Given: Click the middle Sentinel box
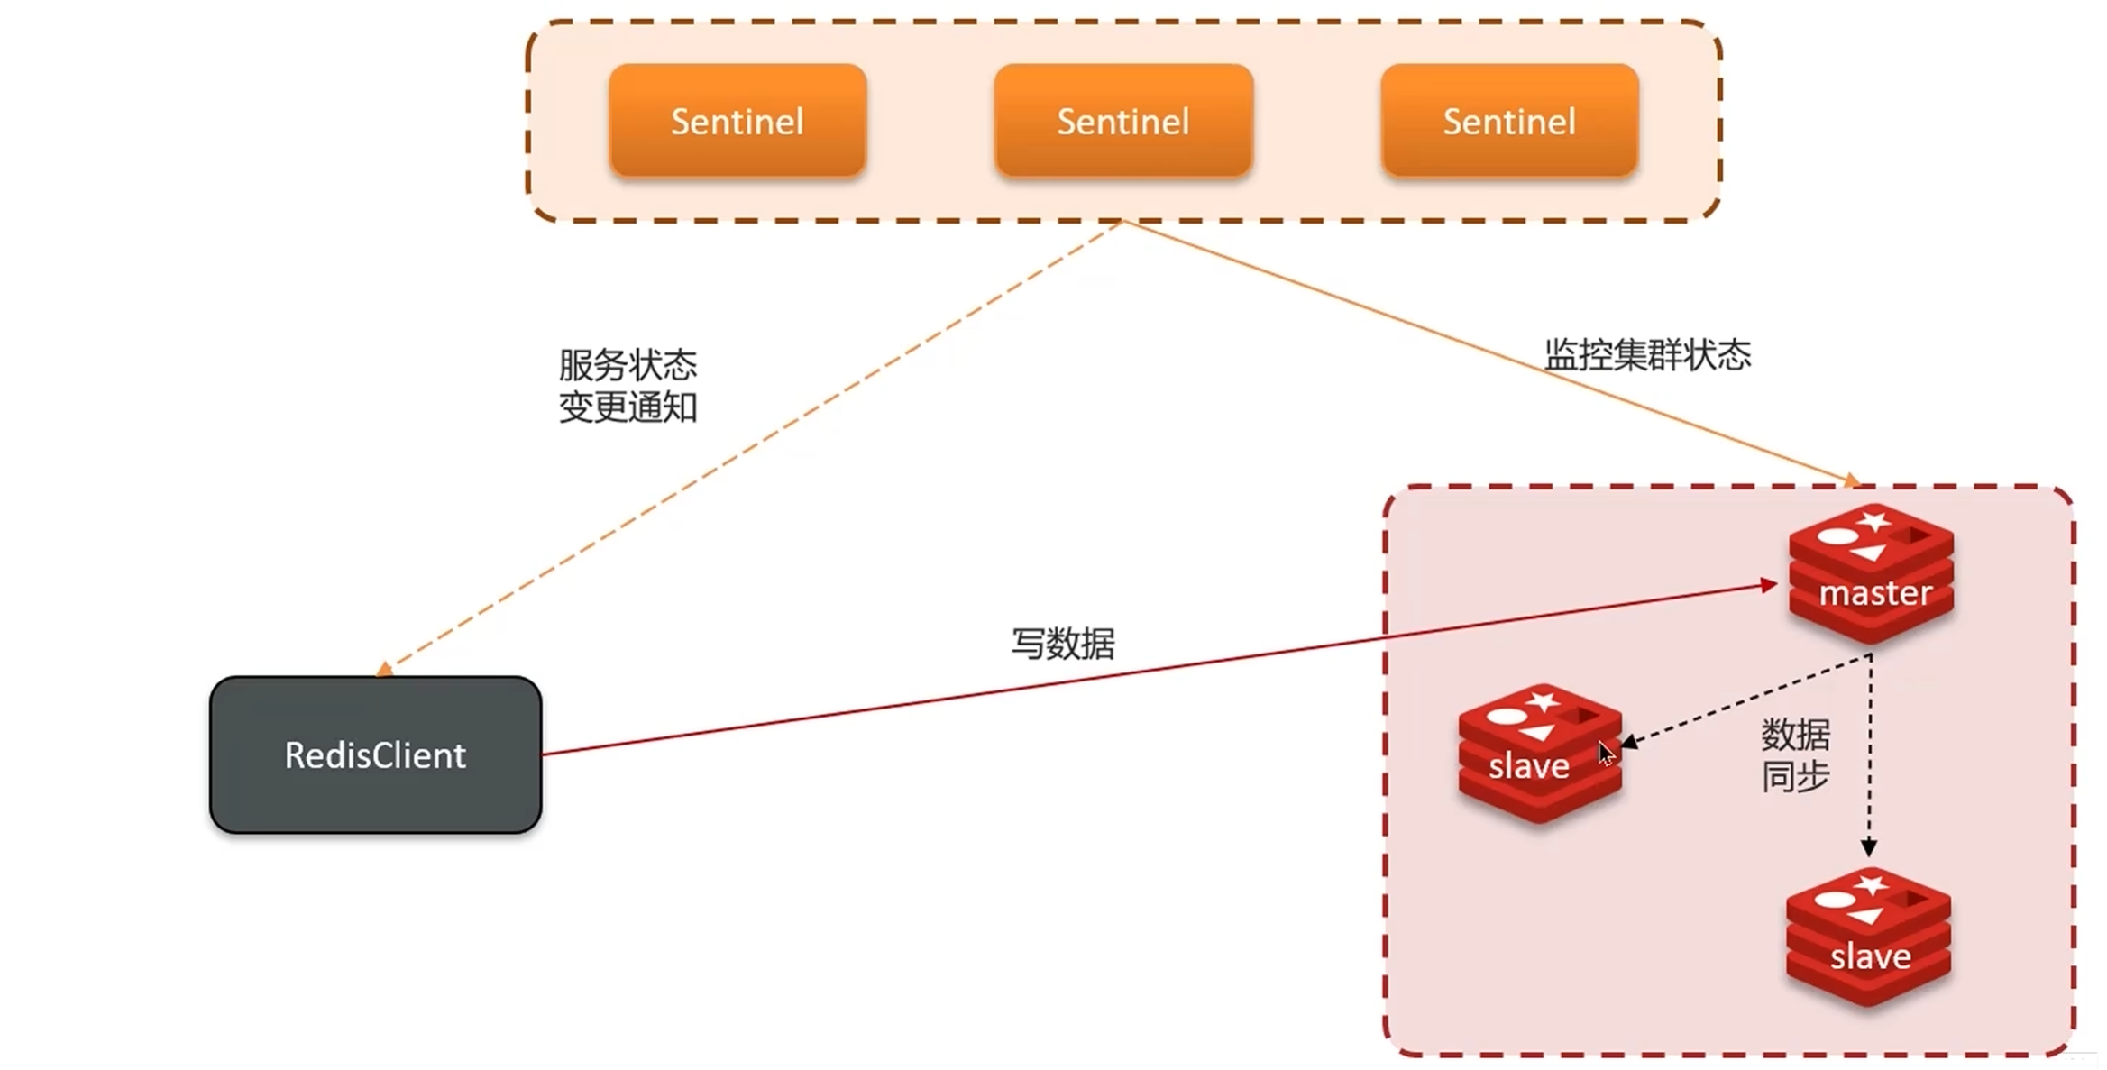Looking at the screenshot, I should pos(1122,121).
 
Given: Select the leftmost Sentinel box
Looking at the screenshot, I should pos(737,121).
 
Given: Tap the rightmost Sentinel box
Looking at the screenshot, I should pos(1508,121).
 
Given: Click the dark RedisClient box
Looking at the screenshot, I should pos(375,754).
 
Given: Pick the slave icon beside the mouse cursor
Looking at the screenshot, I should pos(1538,754).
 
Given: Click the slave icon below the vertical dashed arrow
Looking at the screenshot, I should pos(1868,937).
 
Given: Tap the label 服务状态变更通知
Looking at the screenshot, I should pos(628,386).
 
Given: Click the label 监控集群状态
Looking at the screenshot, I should pos(1647,354).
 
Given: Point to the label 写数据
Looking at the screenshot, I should pos(1063,644).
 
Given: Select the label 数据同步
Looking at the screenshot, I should pos(1795,755).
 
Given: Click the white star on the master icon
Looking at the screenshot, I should pos(1873,520).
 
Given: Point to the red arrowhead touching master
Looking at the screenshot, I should pos(1769,586).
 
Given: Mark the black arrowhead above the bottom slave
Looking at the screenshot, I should pos(1869,847).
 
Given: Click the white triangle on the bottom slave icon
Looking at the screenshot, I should pos(1864,917).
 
